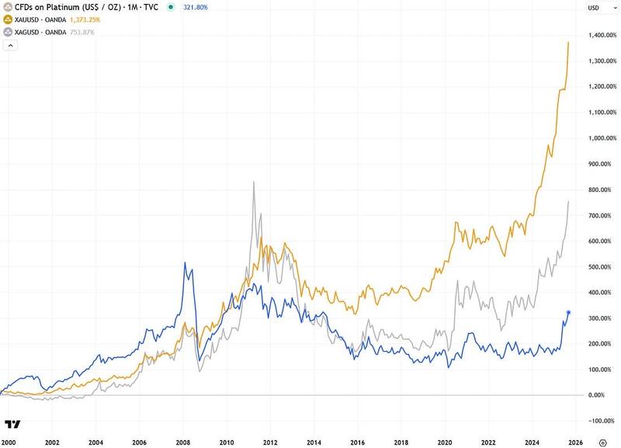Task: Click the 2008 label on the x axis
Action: (182, 442)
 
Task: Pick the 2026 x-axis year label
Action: (575, 442)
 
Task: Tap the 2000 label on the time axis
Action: (9, 442)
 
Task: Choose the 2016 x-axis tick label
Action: (357, 442)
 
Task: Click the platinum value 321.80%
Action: (193, 6)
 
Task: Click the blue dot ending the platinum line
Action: (569, 312)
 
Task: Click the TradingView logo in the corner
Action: (12, 424)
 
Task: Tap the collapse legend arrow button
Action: (10, 46)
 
